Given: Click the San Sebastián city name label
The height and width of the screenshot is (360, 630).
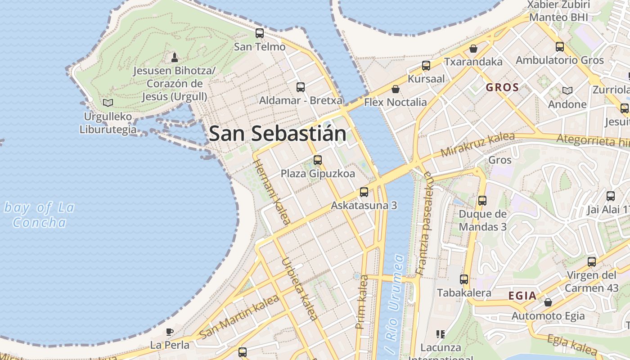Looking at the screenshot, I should point(278,134).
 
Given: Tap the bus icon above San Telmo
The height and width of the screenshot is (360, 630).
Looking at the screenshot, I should point(260,33).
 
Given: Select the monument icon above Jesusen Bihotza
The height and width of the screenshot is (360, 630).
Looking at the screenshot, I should point(175,57).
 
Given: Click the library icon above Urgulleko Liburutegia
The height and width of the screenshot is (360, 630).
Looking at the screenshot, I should point(108,103).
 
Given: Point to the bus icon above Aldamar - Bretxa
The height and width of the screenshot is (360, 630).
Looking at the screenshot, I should point(301,87).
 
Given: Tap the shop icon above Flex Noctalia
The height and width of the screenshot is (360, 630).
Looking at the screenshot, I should point(395,89).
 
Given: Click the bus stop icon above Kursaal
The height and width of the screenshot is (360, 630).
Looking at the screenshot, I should point(426,66).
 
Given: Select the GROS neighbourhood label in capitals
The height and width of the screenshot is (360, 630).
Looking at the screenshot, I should point(502,87).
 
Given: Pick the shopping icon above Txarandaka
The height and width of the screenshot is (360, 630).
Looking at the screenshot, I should point(473,48).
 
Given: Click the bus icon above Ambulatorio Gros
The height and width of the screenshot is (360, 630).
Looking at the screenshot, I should point(560,46).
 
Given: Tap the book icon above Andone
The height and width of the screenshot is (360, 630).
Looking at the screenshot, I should point(567,91).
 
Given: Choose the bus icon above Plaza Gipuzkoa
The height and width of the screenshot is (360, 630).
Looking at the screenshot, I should point(318,160).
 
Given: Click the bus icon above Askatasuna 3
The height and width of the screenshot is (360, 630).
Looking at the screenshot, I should point(364,192).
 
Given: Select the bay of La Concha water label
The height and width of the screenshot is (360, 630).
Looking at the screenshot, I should point(39,215).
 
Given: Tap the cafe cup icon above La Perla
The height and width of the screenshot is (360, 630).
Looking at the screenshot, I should point(169,332).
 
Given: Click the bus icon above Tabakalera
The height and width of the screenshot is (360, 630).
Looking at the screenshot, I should point(464,279).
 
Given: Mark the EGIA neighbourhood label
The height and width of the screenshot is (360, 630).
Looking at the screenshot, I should point(522,296).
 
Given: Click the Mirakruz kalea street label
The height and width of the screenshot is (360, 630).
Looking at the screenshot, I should point(477,144).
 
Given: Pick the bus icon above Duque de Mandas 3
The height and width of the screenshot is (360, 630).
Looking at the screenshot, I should point(482,201).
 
